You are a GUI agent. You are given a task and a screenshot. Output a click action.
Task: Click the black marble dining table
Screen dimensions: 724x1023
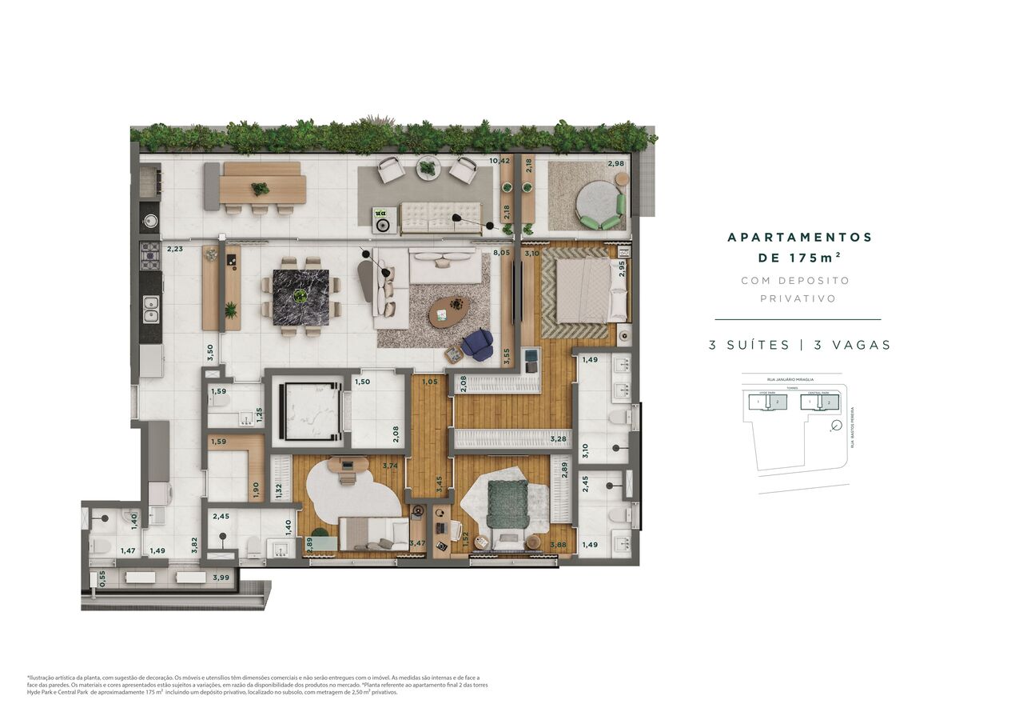301,297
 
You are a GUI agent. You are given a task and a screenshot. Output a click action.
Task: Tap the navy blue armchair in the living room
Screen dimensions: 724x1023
478,344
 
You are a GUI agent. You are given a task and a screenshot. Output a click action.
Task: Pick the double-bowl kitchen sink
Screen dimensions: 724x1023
150,308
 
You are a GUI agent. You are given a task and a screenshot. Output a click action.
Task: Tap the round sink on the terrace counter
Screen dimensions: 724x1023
149,221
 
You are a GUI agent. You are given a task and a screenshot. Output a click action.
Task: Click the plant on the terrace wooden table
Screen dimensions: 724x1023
260,189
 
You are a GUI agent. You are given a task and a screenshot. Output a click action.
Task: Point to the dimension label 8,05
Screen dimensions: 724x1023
501,253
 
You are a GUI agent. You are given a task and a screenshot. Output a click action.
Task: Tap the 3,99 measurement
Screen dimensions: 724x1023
221,578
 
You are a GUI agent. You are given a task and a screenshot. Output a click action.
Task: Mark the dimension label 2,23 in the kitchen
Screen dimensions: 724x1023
174,249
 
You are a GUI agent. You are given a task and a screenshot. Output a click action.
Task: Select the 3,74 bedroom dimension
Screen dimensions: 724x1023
390,466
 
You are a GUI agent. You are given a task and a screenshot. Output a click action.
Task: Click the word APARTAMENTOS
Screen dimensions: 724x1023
799,238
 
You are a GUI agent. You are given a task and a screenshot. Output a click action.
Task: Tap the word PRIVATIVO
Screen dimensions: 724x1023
798,298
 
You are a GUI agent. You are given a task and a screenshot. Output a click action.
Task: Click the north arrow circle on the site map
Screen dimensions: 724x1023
836,426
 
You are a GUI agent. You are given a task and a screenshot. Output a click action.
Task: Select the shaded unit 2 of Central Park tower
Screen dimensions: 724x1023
829,402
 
